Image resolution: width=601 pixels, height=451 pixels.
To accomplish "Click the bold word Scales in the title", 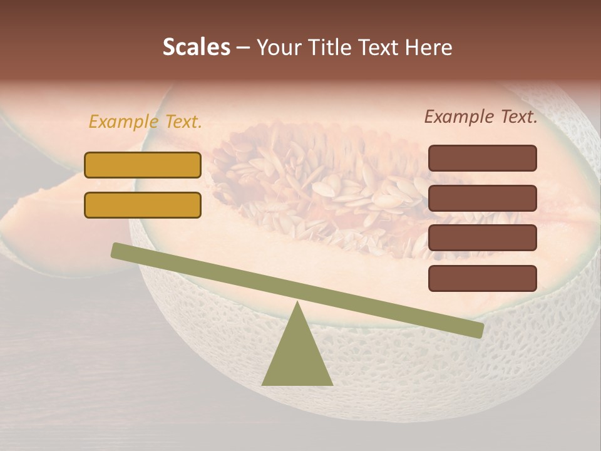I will [196, 47].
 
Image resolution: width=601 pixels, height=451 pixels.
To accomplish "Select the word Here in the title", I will [428, 47].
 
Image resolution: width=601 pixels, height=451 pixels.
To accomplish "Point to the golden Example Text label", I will [145, 122].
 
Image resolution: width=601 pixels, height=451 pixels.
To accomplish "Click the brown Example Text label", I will [481, 117].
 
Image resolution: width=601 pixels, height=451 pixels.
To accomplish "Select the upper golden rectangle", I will [143, 165].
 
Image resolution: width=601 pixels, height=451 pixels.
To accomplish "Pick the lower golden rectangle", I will [143, 205].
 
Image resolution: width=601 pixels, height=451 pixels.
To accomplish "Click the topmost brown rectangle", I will [482, 158].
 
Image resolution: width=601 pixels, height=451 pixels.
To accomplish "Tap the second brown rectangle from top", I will [482, 198].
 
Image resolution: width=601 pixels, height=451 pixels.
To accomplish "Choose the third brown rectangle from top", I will [482, 237].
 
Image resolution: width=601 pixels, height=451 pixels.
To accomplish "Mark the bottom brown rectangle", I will [482, 278].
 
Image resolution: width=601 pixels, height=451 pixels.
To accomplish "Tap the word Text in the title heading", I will [379, 47].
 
